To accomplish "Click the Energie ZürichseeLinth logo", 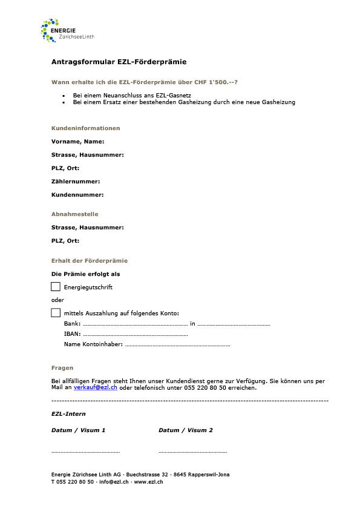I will [x=67, y=30].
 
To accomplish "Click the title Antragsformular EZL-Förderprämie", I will [x=119, y=62].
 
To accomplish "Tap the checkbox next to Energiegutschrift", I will [x=56, y=286].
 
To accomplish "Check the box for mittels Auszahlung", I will [x=56, y=313].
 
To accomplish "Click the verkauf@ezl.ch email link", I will [x=96, y=387].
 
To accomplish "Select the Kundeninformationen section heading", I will [x=85, y=128].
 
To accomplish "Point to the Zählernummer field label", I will [x=76, y=182].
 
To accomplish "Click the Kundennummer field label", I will [x=77, y=195].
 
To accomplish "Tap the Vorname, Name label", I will [x=77, y=142].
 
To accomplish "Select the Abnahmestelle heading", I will [x=74, y=214].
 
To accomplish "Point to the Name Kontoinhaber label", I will [x=93, y=344].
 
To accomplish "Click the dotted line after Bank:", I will [x=135, y=325].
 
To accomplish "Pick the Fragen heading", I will [x=62, y=368].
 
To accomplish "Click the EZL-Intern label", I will [x=68, y=414].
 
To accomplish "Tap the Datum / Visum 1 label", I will [x=79, y=430].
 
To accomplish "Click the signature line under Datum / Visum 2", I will [x=192, y=452].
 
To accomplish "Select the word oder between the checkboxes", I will [x=57, y=300].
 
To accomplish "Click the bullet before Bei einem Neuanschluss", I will [x=64, y=96].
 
